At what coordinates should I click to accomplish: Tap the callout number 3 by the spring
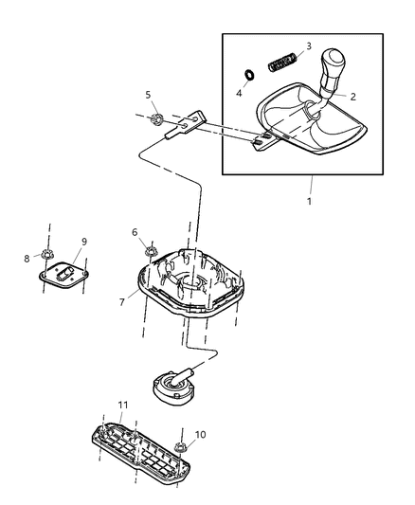click(x=308, y=46)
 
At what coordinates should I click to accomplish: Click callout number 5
click(x=148, y=95)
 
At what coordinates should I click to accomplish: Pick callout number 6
click(x=135, y=232)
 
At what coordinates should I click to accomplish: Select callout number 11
click(x=122, y=405)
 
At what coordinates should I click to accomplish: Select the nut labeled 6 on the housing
click(x=150, y=251)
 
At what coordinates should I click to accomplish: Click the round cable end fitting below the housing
click(x=171, y=385)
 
